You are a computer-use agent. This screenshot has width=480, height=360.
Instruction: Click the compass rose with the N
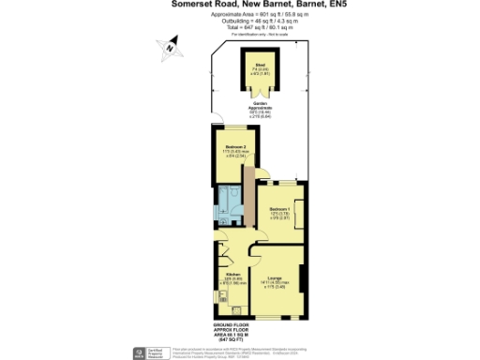click(168, 43)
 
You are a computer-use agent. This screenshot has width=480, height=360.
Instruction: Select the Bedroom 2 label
click(235, 147)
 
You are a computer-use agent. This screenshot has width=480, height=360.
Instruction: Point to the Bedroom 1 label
click(279, 208)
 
